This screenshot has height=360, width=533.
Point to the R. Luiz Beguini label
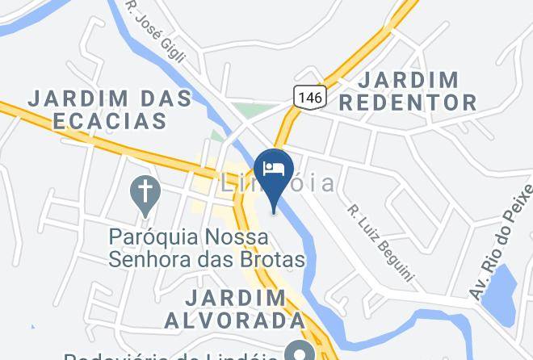click(380, 242)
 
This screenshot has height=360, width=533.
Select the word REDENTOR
click(409, 103)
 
